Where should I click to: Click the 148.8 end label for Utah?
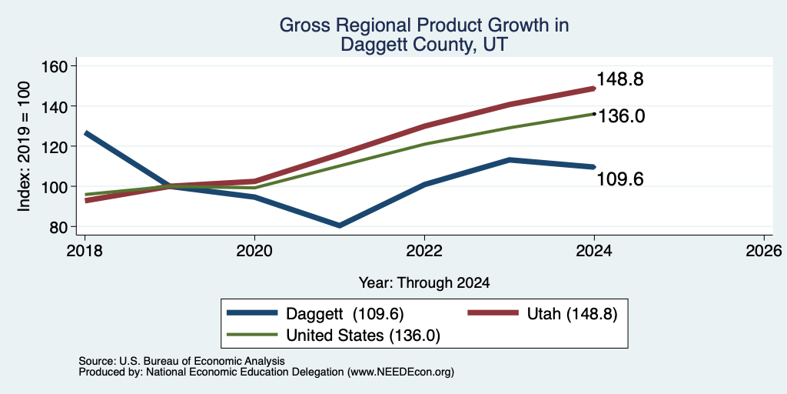click(620, 79)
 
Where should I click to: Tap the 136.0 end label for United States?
click(620, 116)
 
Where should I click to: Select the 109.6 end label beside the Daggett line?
click(620, 179)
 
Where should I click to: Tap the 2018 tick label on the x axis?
click(85, 250)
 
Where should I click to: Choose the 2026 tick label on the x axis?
click(764, 250)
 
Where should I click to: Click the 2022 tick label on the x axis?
click(424, 250)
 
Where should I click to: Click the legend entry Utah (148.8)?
click(542, 314)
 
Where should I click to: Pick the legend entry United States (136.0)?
click(334, 336)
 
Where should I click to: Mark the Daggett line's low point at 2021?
click(340, 225)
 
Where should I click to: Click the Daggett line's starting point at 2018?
click(86, 133)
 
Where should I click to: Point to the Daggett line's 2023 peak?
click(510, 160)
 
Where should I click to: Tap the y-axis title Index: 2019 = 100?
click(24, 146)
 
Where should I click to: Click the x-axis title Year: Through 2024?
click(424, 283)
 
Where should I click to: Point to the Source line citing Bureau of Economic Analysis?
click(181, 361)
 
